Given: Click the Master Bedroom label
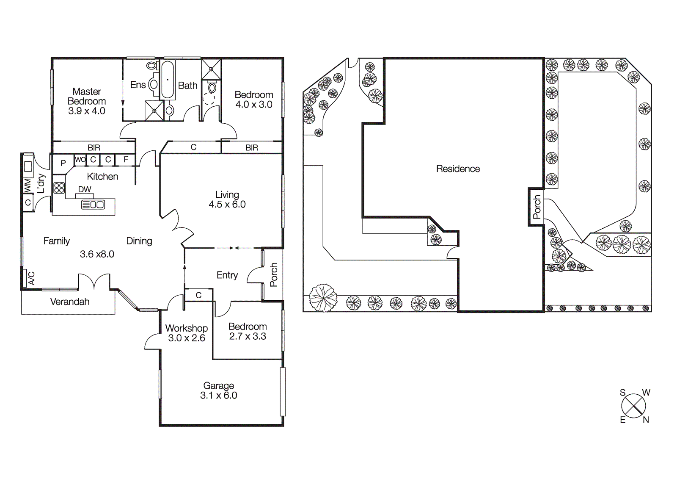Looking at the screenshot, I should coord(87,97).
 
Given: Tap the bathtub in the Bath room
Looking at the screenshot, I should coord(168,80).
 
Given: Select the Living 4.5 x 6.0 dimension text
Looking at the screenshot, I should coord(227,205).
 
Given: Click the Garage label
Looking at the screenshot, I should coord(218,386).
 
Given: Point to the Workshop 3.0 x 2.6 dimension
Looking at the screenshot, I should coord(186,338).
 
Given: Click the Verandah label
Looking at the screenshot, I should coord(70,302).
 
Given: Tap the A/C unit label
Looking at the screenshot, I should coord(31,278).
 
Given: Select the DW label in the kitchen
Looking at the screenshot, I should coord(85,189).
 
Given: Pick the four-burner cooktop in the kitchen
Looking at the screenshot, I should coord(59,188).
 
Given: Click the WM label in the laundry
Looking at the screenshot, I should coord(28,185).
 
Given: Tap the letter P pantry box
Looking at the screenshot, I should coord(63,163).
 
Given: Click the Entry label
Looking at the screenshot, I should coord(227,275).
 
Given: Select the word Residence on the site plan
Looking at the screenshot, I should coord(458,169).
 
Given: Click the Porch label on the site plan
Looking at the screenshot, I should coord(537,207).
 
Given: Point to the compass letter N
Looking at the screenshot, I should coord(646,420).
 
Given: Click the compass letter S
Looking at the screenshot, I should coord(622,393).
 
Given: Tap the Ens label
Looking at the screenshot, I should coord(138,85).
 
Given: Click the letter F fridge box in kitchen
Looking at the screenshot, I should coord(126,160).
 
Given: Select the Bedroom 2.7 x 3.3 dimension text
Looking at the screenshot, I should coord(248,337).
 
